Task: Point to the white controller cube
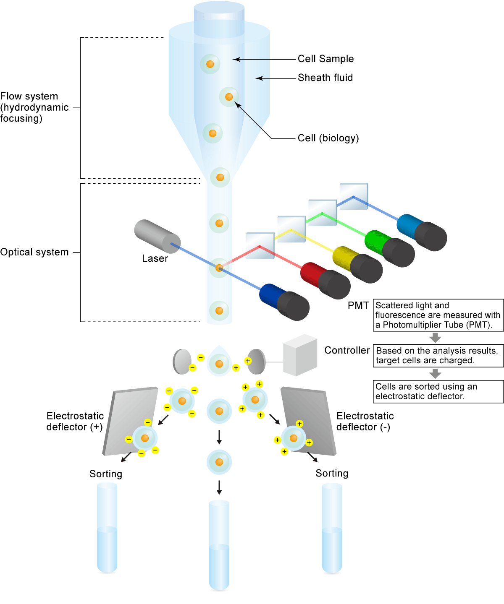click(299, 355)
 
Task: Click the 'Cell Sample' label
click(325, 59)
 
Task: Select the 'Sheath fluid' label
click(325, 78)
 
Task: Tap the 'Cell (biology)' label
click(328, 138)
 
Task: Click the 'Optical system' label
click(34, 252)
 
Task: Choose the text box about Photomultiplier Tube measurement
click(438, 315)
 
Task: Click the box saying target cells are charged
click(438, 356)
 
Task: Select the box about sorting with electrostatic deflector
click(438, 391)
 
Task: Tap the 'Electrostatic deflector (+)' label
click(75, 421)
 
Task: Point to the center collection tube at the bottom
click(219, 545)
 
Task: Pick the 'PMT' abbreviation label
click(358, 305)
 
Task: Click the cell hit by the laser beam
click(219, 268)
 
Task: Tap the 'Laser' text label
click(155, 258)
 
